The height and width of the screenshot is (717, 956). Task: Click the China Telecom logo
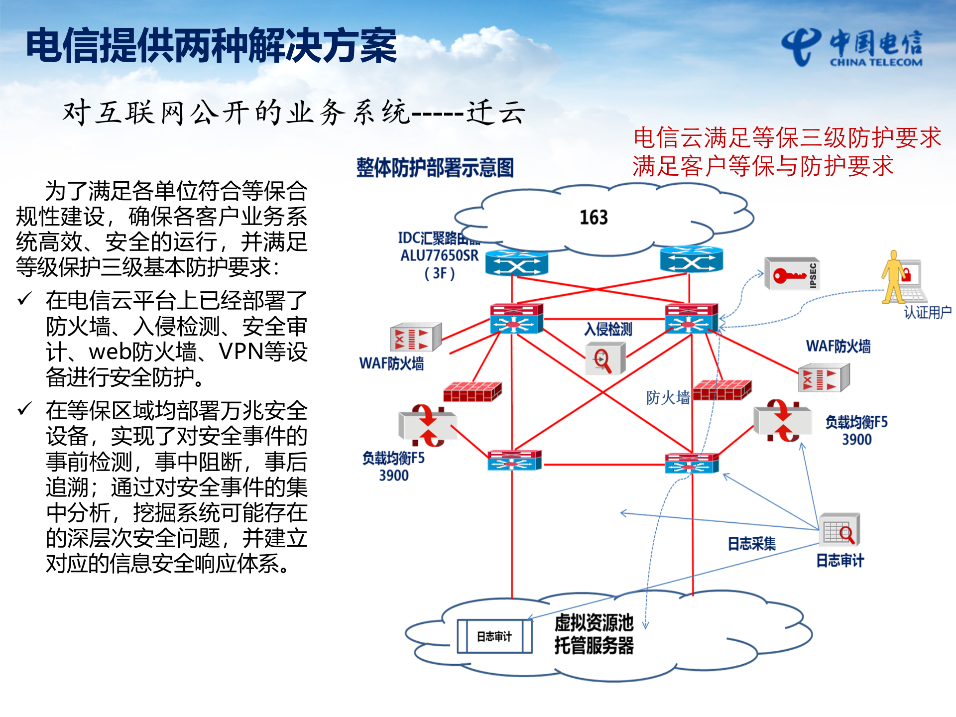coord(851,47)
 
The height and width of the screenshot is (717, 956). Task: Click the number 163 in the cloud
coord(594,218)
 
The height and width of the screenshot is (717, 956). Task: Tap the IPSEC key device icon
coord(792,274)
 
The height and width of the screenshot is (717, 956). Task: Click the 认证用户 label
coord(928,313)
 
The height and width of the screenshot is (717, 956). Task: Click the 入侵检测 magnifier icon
coord(604,358)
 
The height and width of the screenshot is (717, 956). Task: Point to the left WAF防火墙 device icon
coord(415,338)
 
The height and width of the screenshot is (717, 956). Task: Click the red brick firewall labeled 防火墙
coord(721,390)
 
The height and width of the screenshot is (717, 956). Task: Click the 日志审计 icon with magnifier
coord(839,530)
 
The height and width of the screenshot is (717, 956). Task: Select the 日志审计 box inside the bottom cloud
coord(494,636)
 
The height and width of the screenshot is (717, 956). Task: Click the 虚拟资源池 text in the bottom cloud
coord(594,623)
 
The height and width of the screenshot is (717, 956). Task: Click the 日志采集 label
coord(751,544)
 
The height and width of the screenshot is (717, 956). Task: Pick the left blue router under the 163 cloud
coord(516,263)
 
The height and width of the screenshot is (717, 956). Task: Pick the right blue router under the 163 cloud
coord(691,259)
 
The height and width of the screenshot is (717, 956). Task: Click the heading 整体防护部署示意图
coord(435,168)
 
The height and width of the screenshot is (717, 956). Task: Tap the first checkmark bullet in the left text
coord(24,299)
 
